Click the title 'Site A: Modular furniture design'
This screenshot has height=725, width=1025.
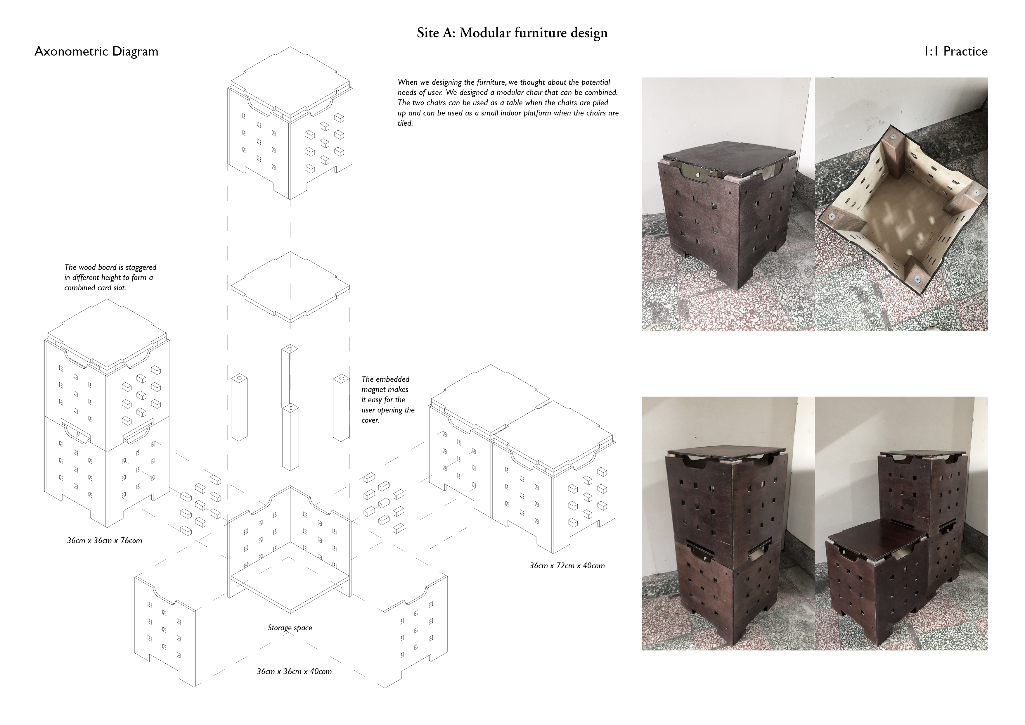(512, 33)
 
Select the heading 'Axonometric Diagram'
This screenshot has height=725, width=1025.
(96, 51)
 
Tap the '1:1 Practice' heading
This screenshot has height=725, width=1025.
(955, 51)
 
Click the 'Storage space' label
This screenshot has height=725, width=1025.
(290, 628)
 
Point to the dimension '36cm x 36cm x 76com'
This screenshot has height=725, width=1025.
(105, 541)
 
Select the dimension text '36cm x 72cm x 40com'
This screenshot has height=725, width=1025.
(567, 565)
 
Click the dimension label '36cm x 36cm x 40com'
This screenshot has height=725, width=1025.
(294, 672)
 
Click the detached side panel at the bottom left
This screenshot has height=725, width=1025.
(165, 630)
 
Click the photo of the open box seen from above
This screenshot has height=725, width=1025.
(901, 204)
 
